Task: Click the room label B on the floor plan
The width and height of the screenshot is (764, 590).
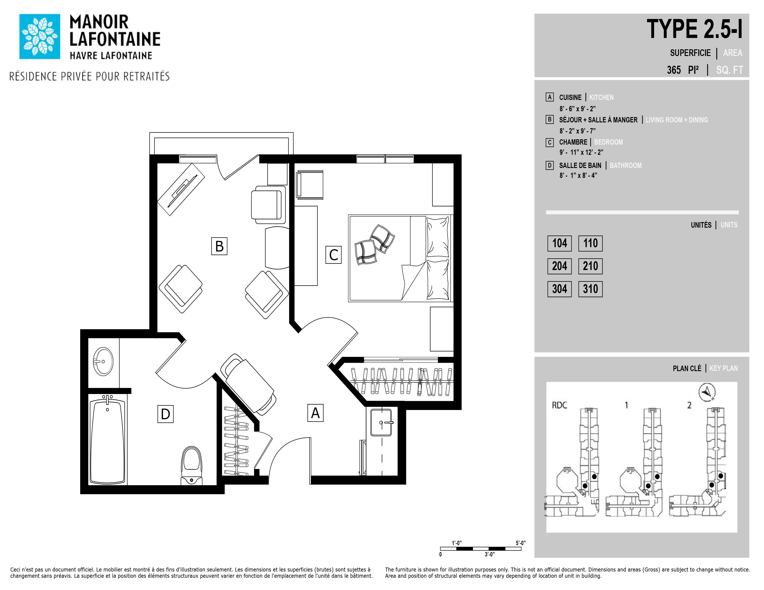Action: click(x=219, y=246)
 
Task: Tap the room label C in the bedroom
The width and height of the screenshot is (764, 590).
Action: click(x=333, y=255)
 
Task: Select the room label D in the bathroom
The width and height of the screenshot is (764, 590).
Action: click(x=166, y=414)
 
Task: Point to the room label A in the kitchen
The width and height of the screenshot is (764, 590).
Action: click(x=315, y=413)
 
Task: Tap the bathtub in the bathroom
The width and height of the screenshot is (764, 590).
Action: click(x=107, y=440)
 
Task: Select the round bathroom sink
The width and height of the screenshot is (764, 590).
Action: click(x=103, y=361)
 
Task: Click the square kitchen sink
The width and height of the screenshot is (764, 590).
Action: click(x=381, y=422)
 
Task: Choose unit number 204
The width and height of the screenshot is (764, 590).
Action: click(x=559, y=266)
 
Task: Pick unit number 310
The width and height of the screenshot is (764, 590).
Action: click(x=591, y=289)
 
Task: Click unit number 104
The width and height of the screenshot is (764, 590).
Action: click(x=559, y=243)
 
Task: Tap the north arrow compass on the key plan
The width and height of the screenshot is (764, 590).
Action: click(x=707, y=392)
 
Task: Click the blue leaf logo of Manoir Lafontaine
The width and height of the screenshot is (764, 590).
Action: click(x=40, y=36)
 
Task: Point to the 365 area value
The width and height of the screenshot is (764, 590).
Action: click(x=673, y=70)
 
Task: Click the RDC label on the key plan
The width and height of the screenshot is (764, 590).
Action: click(x=559, y=405)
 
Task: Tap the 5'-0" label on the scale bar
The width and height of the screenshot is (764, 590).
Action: click(x=520, y=543)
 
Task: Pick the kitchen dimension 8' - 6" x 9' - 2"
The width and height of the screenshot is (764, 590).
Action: click(x=577, y=109)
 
